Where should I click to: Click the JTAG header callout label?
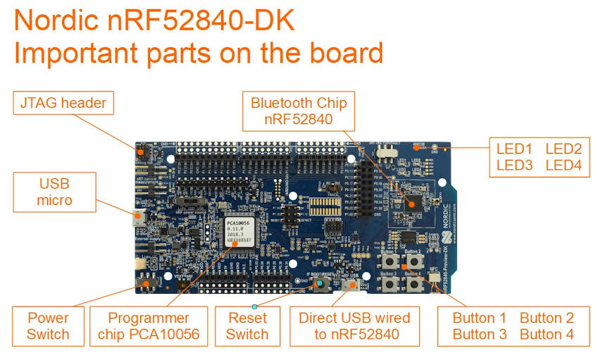pos(62,104)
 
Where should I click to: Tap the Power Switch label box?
pos(48,325)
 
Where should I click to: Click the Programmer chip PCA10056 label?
pos(149,325)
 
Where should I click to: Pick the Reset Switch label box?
pos(247,325)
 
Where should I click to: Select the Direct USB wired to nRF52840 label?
pos(355,325)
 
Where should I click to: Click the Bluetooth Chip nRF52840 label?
pos(299,111)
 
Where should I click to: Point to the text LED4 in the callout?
pos(563,166)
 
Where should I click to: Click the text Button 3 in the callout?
pos(480,334)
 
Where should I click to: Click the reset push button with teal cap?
pos(320,284)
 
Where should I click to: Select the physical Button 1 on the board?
pos(387,261)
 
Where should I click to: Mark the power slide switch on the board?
pos(147,283)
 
